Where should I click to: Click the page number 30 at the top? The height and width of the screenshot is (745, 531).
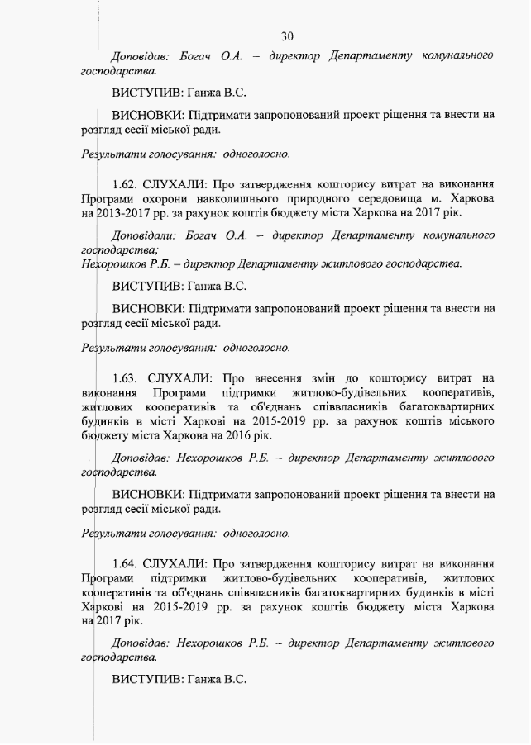click(287, 36)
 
